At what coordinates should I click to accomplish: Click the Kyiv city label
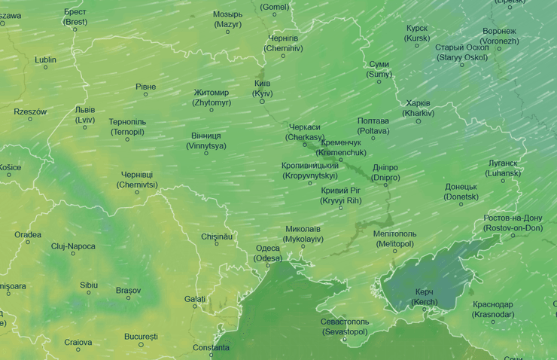(262, 87)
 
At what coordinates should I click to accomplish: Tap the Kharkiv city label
(418, 108)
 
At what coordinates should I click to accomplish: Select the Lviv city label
(85, 114)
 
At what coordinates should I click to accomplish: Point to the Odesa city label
(268, 253)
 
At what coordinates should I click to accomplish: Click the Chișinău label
(217, 236)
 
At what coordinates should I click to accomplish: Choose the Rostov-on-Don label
(513, 223)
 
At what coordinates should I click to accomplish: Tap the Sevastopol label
(344, 327)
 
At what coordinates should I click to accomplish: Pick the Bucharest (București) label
(142, 336)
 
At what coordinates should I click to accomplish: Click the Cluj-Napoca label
(73, 246)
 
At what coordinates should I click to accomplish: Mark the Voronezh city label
(500, 36)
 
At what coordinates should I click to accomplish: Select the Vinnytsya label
(205, 141)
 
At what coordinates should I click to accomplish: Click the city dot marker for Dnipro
(385, 185)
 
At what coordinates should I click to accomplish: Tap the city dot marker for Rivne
(146, 95)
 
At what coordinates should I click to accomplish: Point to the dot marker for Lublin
(45, 68)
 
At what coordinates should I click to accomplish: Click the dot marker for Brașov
(128, 298)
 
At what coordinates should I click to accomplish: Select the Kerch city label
(425, 297)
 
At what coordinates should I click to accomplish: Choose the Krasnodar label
(493, 309)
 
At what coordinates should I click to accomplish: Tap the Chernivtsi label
(137, 179)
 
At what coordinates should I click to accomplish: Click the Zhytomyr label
(212, 97)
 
